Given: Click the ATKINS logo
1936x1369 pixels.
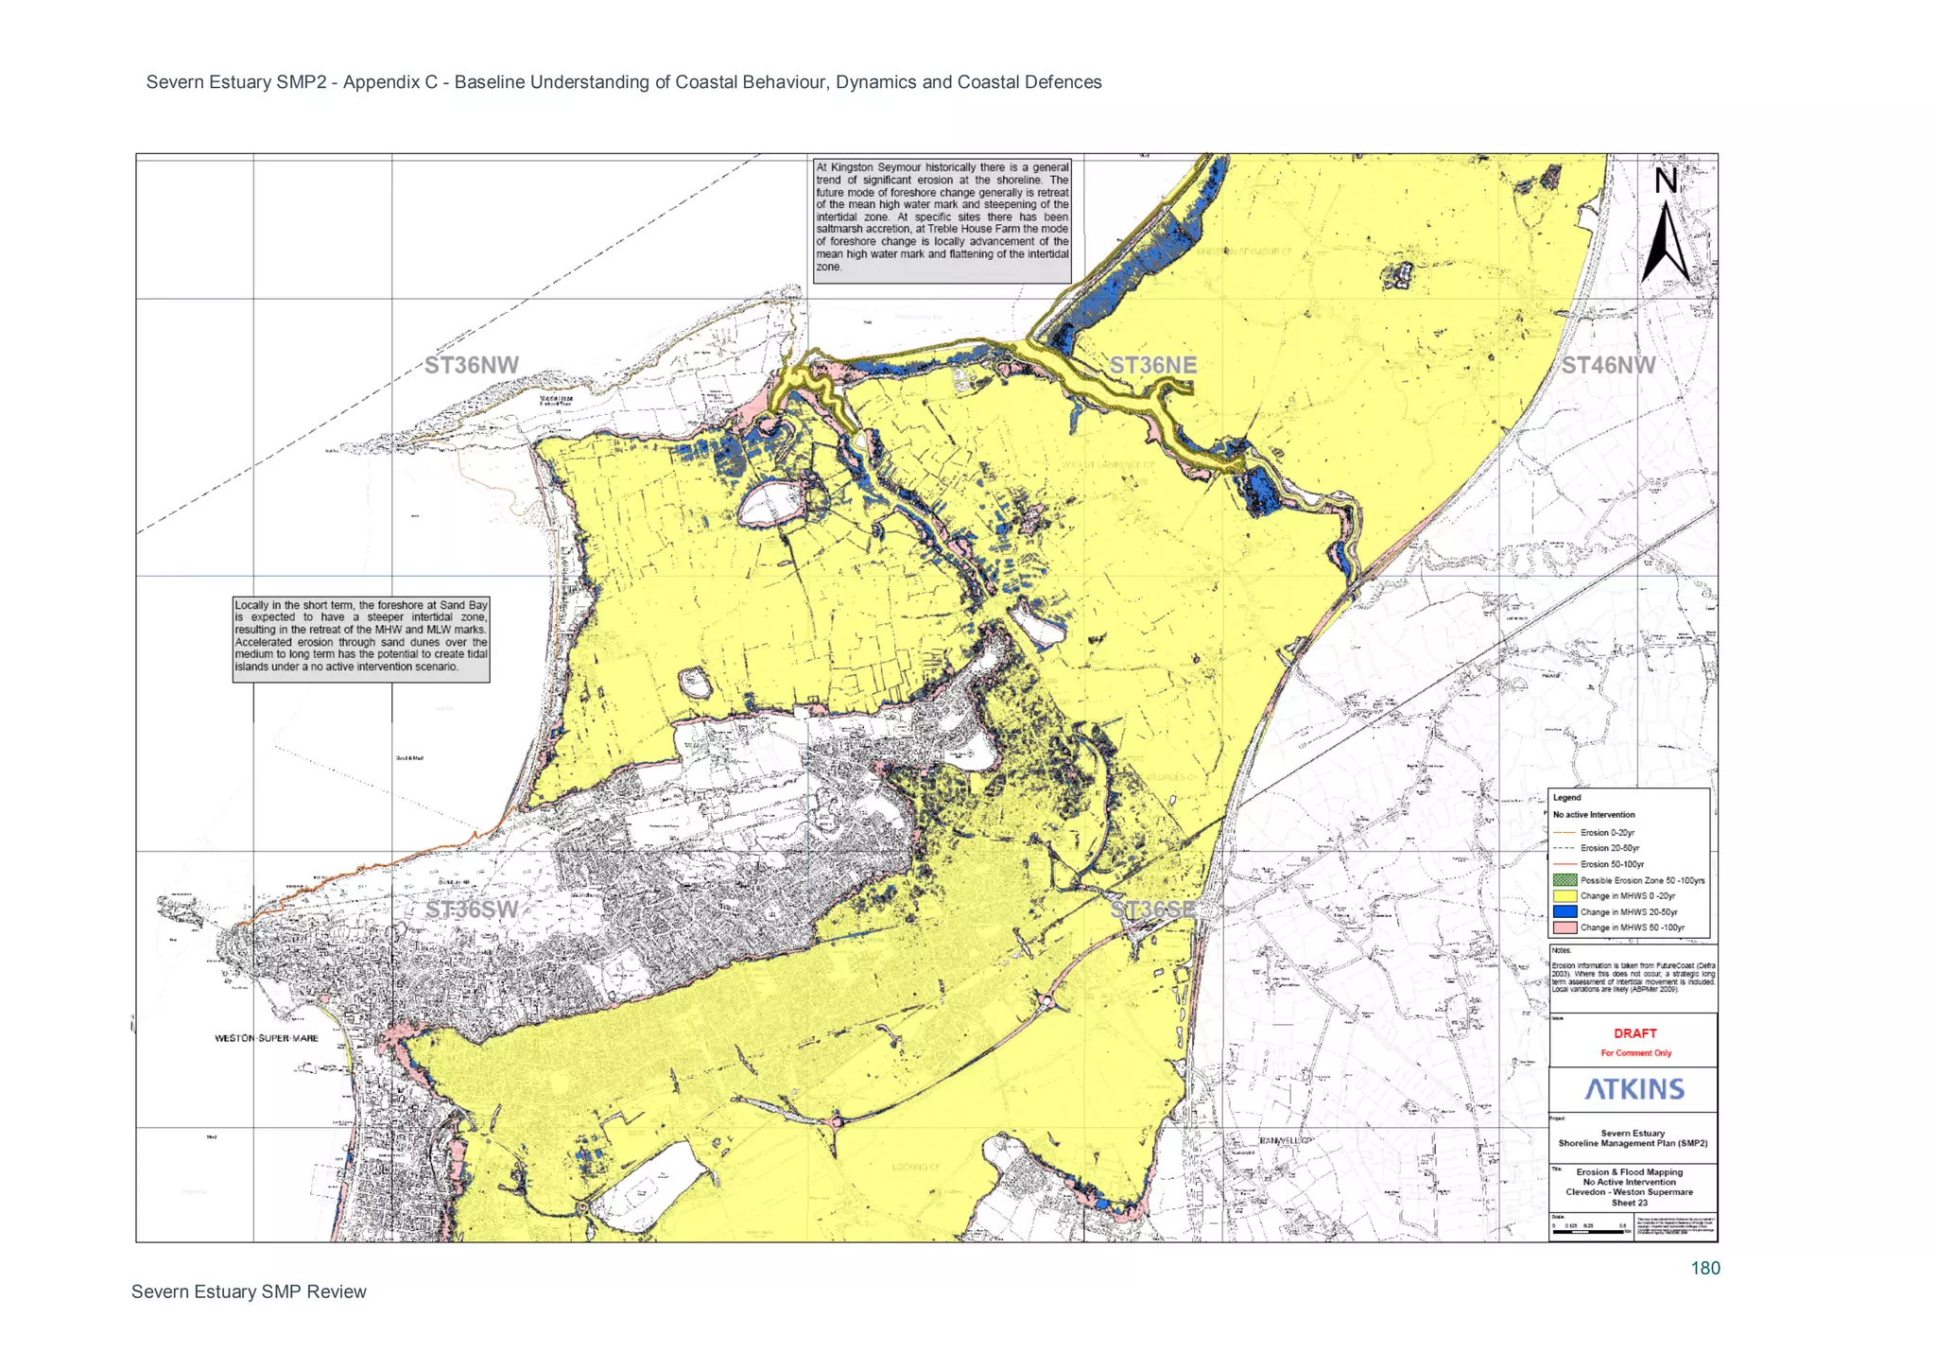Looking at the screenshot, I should coord(1634,1089).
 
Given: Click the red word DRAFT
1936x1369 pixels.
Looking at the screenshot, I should coord(1634,1033).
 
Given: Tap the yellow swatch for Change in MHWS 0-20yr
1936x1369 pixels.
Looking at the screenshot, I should coord(1564,896).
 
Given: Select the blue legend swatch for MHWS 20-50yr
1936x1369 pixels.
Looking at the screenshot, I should coord(1564,912).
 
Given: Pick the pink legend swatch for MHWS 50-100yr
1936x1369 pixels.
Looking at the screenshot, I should coord(1564,927).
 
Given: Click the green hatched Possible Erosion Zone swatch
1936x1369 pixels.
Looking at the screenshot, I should coord(1564,880).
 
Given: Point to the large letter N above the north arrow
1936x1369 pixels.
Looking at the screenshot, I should coord(1666,181).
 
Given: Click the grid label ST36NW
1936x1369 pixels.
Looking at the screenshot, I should coord(471,366).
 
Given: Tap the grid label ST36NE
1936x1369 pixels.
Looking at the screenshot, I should coord(1152,365).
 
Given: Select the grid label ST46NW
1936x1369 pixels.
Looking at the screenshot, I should coord(1607,366).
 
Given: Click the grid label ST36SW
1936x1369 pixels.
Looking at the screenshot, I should coord(471,910).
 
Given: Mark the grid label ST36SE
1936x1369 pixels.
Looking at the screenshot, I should coord(1152,910).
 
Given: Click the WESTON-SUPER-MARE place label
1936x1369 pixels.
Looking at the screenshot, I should coord(267,1038).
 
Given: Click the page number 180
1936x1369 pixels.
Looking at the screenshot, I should coord(1704,1269).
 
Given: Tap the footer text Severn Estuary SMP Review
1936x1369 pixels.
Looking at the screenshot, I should coord(249,1291).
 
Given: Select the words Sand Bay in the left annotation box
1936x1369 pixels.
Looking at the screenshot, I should coord(464,605).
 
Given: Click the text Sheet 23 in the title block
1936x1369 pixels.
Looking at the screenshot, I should coord(1629,1203).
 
